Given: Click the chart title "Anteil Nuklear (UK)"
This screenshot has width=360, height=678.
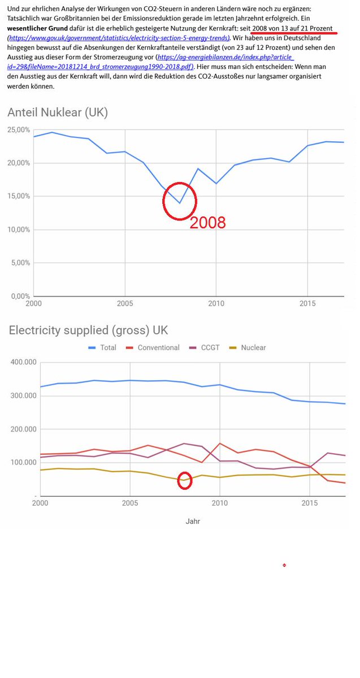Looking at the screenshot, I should coord(58,112).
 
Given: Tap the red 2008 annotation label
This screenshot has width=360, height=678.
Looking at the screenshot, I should coord(207,223).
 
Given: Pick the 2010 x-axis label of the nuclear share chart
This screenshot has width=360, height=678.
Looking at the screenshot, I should coord(215,303).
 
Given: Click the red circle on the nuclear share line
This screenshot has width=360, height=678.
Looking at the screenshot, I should coord(180,201).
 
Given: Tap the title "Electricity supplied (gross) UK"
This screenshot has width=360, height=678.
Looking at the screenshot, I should coord(88,331).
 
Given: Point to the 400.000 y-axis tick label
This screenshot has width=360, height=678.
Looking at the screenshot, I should coord(23,362).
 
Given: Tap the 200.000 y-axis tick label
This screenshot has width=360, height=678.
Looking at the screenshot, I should coord(23,429).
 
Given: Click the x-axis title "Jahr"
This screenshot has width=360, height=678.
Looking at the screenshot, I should coord(193,521).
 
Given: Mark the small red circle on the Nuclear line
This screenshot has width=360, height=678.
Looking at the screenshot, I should coord(184,480).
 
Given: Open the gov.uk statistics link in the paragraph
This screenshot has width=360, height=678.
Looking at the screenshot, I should coord(119,38).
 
